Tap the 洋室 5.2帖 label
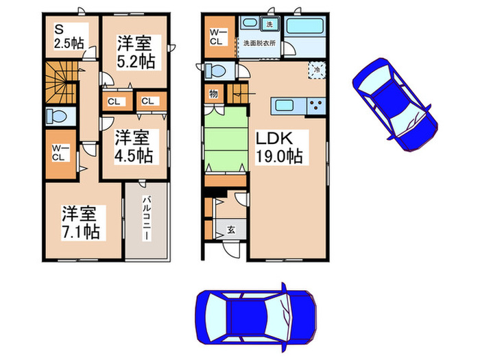(134, 52)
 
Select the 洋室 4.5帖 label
(133, 146)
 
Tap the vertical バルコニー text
(147, 218)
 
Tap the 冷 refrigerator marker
(317, 69)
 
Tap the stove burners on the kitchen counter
(317, 106)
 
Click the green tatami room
(225, 145)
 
